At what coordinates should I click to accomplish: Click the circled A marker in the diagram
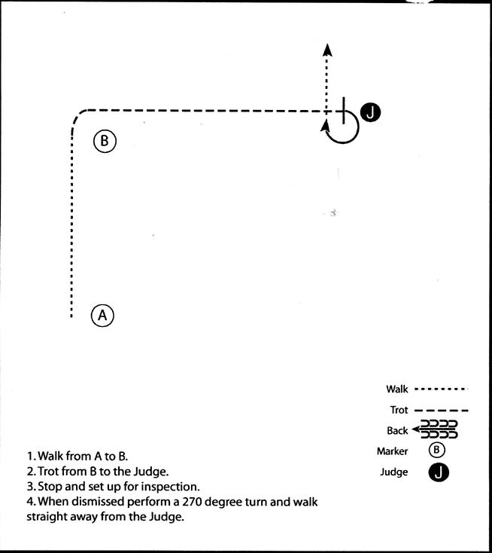click(x=102, y=315)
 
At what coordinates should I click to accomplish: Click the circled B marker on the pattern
click(x=105, y=141)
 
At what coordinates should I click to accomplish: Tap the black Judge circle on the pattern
click(x=370, y=113)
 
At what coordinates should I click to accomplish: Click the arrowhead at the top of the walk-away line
click(x=327, y=50)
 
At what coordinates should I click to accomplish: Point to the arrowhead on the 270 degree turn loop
click(x=325, y=126)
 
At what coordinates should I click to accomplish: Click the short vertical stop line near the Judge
click(x=343, y=111)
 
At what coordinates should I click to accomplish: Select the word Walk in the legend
click(x=397, y=389)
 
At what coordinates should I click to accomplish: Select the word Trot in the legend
click(x=399, y=410)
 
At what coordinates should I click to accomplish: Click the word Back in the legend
click(x=397, y=431)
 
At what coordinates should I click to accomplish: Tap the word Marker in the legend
click(x=393, y=451)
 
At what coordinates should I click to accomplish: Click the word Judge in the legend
click(x=393, y=472)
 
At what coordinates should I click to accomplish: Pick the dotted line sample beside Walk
click(x=442, y=389)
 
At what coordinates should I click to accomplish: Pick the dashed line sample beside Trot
click(x=442, y=410)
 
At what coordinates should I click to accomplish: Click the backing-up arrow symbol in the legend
click(x=435, y=429)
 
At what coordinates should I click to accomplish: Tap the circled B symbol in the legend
click(x=437, y=450)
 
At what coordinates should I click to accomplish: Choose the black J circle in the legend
click(x=439, y=472)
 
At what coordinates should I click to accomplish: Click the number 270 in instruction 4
click(x=193, y=502)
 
